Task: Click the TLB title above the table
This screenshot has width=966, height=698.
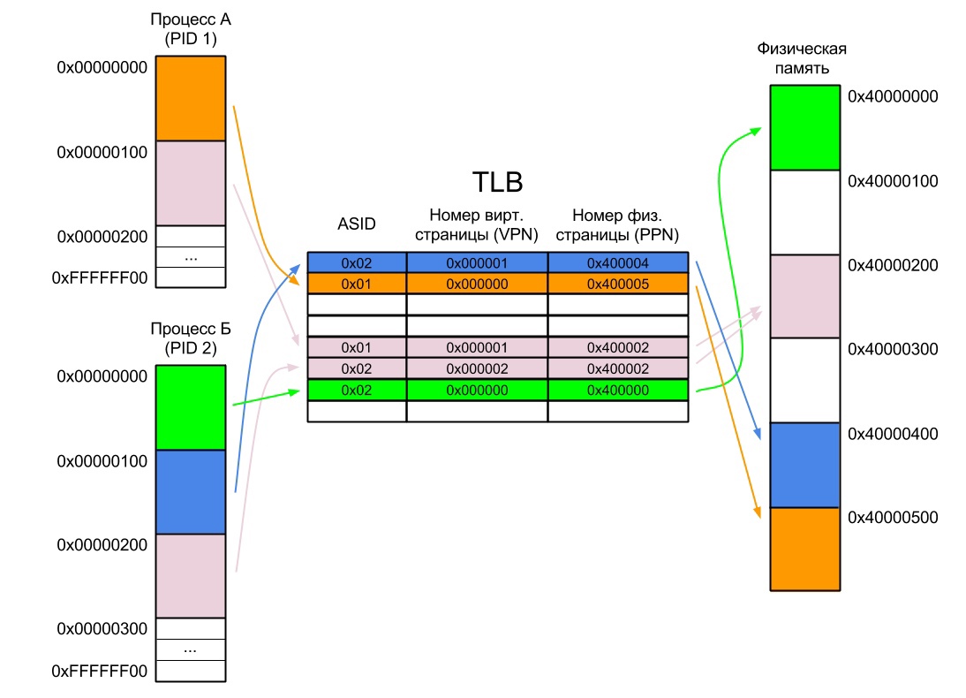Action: point(497,183)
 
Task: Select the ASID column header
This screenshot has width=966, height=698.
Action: point(357,224)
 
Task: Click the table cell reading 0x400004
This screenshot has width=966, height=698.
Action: point(617,262)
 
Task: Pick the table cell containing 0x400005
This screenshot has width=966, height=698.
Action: point(617,284)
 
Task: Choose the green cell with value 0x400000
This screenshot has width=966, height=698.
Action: point(617,390)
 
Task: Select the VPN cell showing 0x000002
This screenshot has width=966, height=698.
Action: point(477,368)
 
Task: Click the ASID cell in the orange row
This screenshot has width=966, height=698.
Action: point(357,284)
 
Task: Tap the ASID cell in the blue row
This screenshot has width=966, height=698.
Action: point(357,262)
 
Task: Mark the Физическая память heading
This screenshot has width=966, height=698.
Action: point(796,58)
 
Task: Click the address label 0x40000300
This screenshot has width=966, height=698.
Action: point(893,350)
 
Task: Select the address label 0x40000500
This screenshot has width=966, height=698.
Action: point(893,517)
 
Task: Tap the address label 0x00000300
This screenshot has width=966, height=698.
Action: point(102,628)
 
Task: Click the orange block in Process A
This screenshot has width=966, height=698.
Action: point(191,98)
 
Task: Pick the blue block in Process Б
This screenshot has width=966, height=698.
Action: point(191,492)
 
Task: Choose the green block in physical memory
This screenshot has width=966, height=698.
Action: point(804,127)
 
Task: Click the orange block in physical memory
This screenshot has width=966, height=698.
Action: point(804,548)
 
